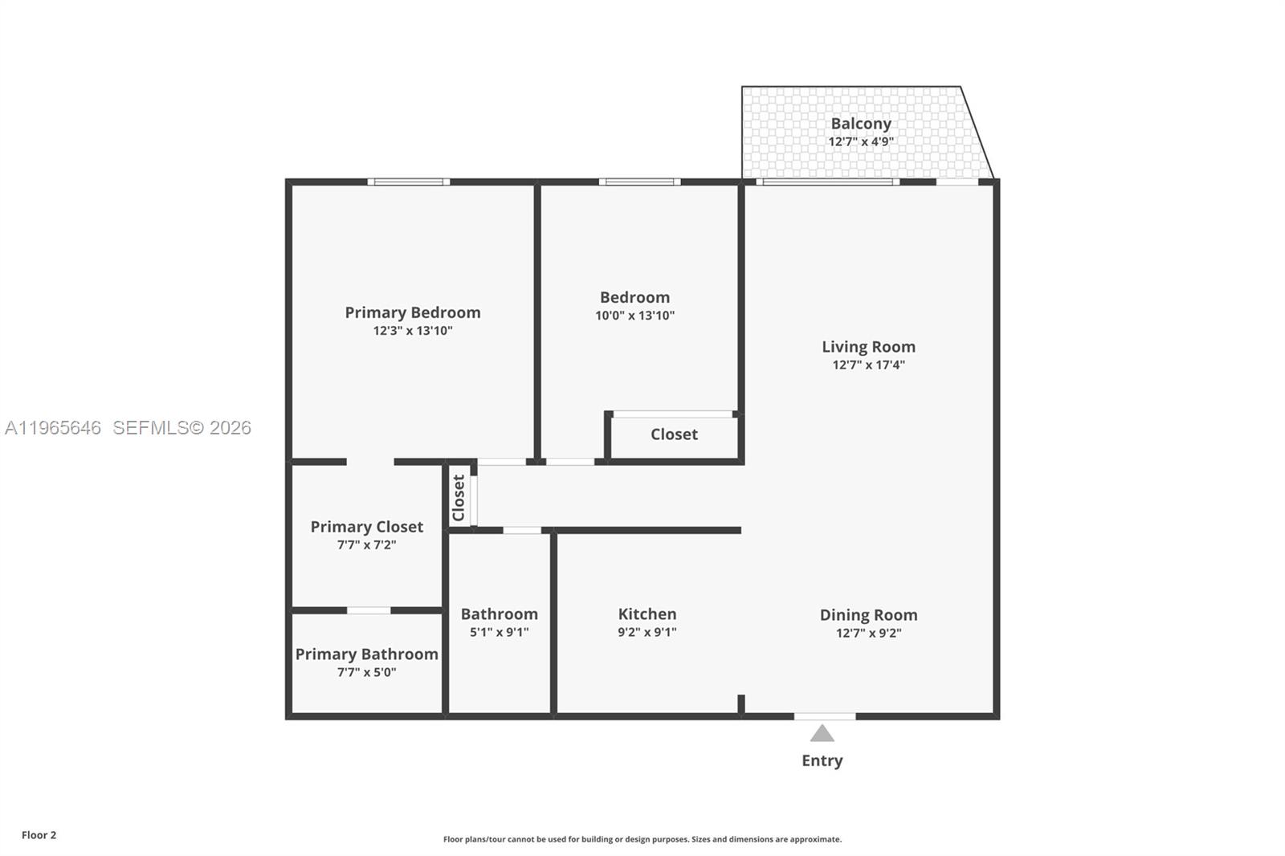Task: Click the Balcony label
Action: tap(861, 124)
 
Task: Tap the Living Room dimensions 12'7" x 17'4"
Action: tap(868, 365)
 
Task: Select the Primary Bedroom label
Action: tap(413, 312)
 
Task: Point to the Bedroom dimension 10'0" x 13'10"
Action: tap(634, 316)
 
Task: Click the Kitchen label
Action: tap(647, 614)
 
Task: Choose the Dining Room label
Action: tap(868, 615)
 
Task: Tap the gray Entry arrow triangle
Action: tap(822, 733)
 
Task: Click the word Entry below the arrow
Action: tap(822, 760)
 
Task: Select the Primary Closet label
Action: tap(366, 527)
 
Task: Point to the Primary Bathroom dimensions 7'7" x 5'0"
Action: tap(366, 672)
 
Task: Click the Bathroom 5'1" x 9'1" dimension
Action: tap(499, 632)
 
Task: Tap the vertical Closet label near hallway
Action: tap(459, 498)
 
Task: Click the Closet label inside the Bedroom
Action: tap(674, 434)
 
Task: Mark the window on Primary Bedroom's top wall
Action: tap(409, 182)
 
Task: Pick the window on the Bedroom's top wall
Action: tap(639, 182)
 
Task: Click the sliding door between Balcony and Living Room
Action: tap(827, 182)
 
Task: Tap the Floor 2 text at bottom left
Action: tap(39, 835)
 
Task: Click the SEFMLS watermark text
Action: tap(182, 428)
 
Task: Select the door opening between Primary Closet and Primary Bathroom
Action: tap(369, 611)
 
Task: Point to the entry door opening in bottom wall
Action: tap(825, 715)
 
